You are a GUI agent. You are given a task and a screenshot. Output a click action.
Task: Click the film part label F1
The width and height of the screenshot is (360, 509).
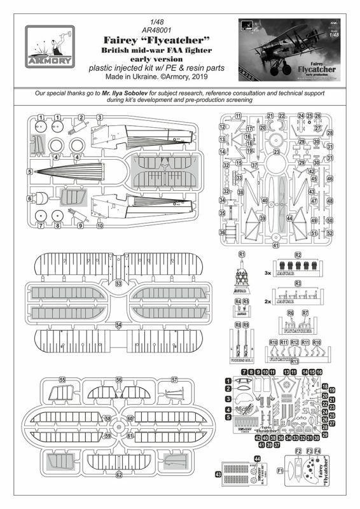(x=280, y=472)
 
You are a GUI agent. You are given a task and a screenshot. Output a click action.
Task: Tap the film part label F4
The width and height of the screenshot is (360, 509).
(x=319, y=450)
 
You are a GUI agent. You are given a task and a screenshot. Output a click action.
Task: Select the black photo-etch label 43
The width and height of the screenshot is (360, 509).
(x=218, y=474)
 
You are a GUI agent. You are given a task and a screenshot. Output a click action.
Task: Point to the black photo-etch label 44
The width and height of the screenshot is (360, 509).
(x=257, y=459)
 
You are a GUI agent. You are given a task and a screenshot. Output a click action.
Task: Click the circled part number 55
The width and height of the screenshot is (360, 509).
(x=62, y=380)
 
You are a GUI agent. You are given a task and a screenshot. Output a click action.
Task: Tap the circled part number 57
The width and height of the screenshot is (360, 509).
(x=174, y=380)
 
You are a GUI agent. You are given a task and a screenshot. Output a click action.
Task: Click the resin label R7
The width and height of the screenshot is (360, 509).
(x=305, y=314)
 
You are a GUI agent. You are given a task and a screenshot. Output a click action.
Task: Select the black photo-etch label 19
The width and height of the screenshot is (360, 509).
(x=332, y=390)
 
